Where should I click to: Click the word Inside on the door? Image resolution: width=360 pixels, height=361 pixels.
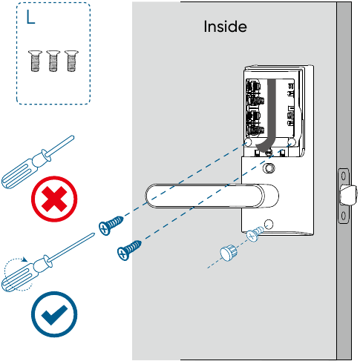tap(225, 27)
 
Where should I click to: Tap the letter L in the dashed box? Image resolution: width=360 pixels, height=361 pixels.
tap(30, 17)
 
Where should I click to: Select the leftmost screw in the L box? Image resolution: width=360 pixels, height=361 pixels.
tap(35, 61)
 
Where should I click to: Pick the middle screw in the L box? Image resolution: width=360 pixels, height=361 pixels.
tap(53, 61)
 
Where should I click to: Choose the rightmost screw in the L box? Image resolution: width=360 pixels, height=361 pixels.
tap(71, 61)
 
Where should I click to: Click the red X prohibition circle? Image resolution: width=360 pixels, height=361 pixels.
tap(54, 199)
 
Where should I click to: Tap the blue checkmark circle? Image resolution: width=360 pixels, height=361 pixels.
tap(54, 314)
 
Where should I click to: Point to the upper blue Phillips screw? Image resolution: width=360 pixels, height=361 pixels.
tap(111, 225)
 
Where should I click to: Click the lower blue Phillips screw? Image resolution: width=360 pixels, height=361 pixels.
tap(129, 250)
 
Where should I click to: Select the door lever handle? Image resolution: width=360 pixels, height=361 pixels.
tap(212, 196)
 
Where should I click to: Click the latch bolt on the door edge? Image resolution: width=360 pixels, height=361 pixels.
tap(348, 195)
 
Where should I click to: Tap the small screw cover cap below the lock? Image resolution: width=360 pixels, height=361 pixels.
tap(228, 253)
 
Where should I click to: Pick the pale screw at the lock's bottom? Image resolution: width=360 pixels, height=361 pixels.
tap(255, 234)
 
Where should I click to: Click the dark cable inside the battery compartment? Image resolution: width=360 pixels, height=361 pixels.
tap(269, 119)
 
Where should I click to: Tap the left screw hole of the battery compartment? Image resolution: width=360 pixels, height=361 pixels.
tap(248, 142)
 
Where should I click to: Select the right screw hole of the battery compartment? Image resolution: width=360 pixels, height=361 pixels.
tap(292, 142)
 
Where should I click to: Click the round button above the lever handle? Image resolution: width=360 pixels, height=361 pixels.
tap(269, 168)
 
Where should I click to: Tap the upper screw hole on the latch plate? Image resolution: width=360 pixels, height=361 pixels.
tap(344, 176)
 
